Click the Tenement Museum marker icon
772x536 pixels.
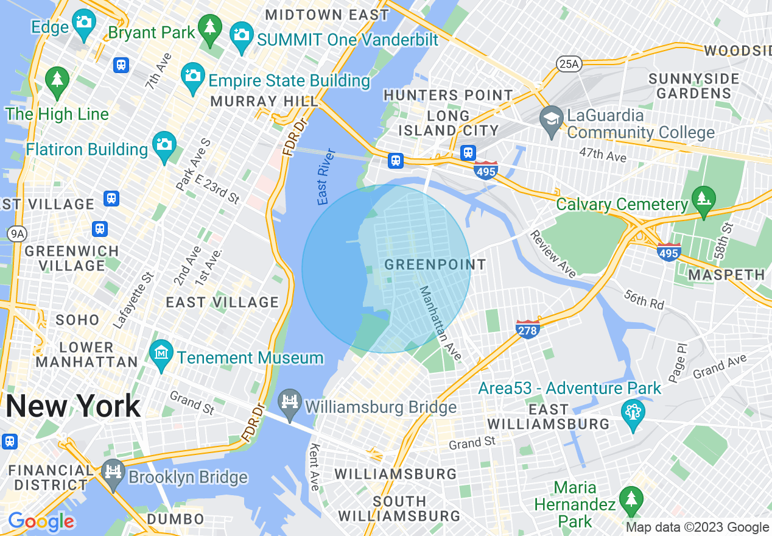pyautogui.click(x=161, y=353)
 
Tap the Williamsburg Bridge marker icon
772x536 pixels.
pyautogui.click(x=290, y=402)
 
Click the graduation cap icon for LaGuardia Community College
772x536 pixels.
pyautogui.click(x=552, y=117)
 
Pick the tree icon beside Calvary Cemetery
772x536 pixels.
pyautogui.click(x=703, y=199)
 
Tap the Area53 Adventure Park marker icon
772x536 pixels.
pyautogui.click(x=633, y=412)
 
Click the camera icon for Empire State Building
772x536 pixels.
pyautogui.click(x=193, y=76)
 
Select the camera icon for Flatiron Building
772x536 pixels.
pyautogui.click(x=163, y=144)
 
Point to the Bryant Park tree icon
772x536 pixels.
pyautogui.click(x=210, y=27)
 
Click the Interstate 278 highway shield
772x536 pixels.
pyautogui.click(x=527, y=329)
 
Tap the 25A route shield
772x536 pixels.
pyautogui.click(x=567, y=63)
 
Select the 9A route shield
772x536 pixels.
pyautogui.click(x=14, y=233)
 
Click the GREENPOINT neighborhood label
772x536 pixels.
pyautogui.click(x=435, y=265)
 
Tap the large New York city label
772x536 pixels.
pyautogui.click(x=73, y=406)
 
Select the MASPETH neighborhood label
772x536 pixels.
pyautogui.click(x=726, y=275)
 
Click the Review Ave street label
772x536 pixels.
pyautogui.click(x=552, y=254)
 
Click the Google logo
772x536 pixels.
pyautogui.click(x=41, y=521)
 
